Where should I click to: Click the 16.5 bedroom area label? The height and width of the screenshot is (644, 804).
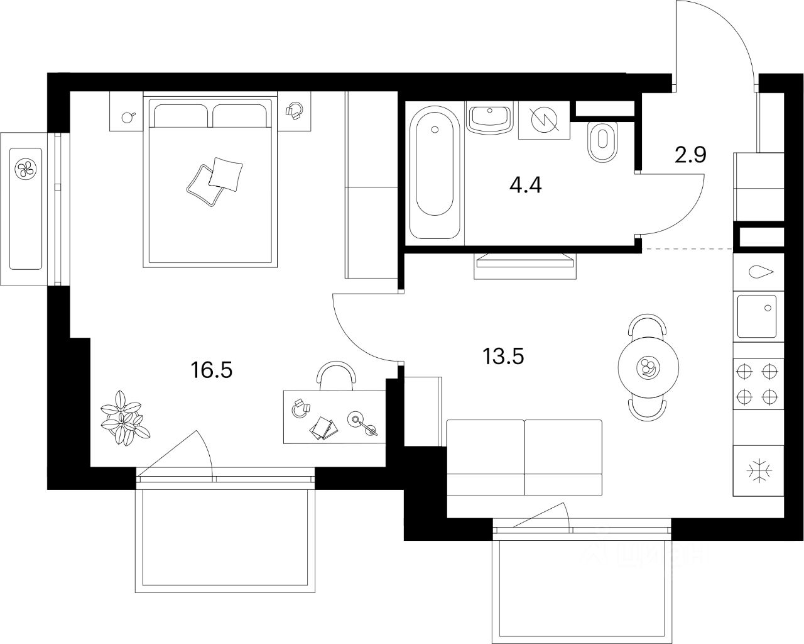pos(212,370)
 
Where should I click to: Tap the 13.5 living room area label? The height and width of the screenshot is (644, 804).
pos(503,356)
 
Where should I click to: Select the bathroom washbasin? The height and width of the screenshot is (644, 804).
pos(490,118)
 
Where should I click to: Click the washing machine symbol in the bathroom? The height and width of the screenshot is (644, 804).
pos(544,119)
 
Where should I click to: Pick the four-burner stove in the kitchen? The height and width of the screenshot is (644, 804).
pos(758,384)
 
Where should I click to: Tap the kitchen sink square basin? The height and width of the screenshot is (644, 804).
pos(758,316)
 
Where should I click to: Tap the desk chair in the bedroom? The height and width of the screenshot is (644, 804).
pos(337,375)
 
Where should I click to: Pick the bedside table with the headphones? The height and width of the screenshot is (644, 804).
pos(294,111)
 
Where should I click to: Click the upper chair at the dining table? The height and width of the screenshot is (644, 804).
pos(648,327)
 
